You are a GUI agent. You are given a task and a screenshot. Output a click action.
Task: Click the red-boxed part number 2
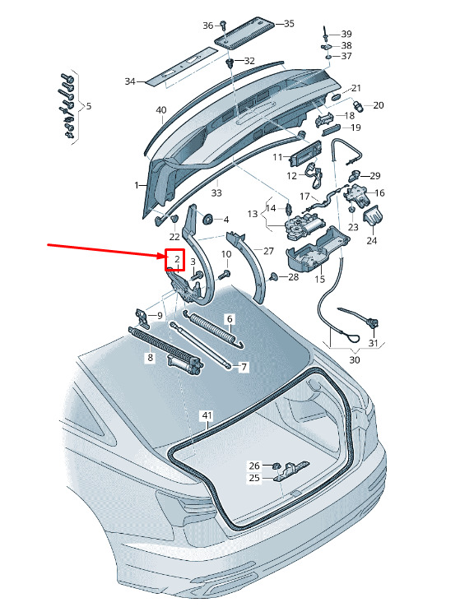[x=177, y=259]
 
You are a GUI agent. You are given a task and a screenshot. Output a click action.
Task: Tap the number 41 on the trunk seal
[x=207, y=415]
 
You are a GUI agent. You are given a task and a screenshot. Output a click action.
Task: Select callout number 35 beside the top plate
[x=289, y=24]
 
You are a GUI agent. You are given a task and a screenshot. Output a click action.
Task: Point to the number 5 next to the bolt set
[x=89, y=105]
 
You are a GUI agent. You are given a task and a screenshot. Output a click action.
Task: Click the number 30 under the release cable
[x=355, y=359]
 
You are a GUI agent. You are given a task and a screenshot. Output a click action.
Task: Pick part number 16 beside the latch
[x=379, y=192]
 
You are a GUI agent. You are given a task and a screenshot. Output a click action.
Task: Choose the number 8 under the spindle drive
[x=151, y=357]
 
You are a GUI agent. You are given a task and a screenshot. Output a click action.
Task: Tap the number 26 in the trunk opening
[x=254, y=466]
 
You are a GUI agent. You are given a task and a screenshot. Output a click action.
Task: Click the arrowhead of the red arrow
[x=162, y=256]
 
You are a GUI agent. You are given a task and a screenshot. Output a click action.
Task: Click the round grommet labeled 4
[x=209, y=219]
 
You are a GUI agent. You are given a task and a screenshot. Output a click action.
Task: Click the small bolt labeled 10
[x=224, y=276]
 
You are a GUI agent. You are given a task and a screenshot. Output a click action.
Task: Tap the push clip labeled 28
[x=274, y=276]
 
